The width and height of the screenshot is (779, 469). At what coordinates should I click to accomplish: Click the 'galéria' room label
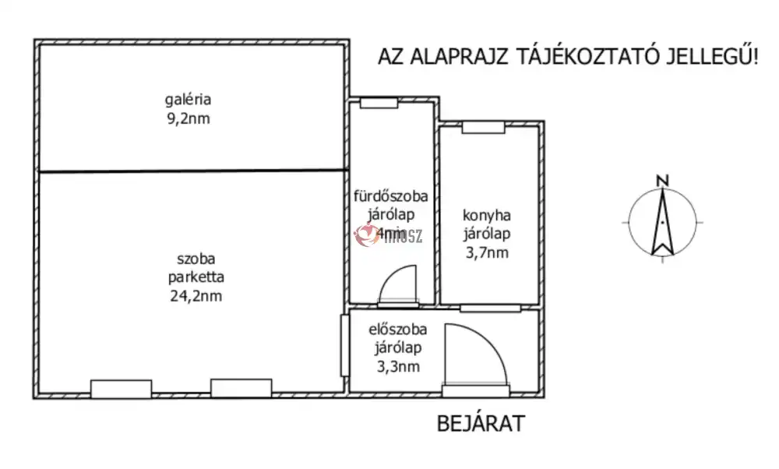[188, 100]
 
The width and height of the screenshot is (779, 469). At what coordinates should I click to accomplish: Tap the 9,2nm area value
[188, 119]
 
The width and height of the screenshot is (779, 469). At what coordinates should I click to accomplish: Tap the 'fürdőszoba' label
[391, 196]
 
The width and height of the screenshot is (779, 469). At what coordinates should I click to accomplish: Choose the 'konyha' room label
[486, 215]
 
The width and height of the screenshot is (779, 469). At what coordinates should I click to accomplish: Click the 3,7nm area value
[486, 252]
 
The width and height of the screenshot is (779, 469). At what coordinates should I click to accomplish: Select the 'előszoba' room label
[397, 330]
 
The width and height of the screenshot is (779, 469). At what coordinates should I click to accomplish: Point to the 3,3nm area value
[397, 366]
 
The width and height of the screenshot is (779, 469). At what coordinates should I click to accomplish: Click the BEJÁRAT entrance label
[481, 425]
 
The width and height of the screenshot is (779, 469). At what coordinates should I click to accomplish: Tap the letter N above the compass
[662, 181]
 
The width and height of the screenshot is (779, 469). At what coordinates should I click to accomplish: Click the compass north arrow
[662, 223]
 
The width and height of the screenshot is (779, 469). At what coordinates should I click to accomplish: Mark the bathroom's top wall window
[379, 103]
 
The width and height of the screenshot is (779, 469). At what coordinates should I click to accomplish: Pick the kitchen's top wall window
[478, 128]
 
